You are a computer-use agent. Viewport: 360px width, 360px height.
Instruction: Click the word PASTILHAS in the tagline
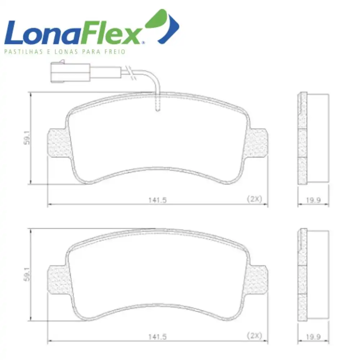[x=24, y=51]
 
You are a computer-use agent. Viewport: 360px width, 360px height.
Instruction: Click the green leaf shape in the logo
[x=156, y=19]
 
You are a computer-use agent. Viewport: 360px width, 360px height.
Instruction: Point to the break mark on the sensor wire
[x=131, y=73]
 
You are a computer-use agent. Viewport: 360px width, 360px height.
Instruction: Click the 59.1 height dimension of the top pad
[x=27, y=138]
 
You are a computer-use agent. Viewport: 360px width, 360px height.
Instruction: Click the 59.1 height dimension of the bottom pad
[x=27, y=274]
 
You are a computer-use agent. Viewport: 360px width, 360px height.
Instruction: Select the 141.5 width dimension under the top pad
[x=158, y=200]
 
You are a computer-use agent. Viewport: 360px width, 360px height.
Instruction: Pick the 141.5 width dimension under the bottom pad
[x=158, y=337]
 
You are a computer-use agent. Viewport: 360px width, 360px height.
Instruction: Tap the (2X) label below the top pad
[x=255, y=199]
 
